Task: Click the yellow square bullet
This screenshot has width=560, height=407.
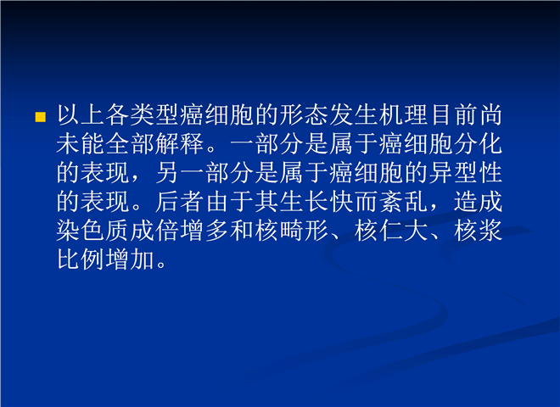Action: click(41, 117)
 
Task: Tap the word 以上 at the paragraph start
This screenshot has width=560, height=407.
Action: click(81, 115)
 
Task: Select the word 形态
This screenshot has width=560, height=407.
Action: click(305, 115)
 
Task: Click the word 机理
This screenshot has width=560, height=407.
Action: click(404, 115)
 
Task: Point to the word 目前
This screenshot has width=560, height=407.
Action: click(454, 115)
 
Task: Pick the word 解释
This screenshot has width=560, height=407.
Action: click(181, 144)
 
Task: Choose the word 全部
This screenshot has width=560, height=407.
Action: click(131, 144)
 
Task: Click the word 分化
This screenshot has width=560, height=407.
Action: click(479, 144)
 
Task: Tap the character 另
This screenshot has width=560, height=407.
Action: click(168, 173)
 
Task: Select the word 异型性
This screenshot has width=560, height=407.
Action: click(466, 173)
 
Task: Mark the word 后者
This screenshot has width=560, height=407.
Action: click(181, 201)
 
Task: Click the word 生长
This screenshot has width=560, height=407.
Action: click(305, 201)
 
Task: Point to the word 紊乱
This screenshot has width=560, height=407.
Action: click(404, 201)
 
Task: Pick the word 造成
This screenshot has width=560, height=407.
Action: click(479, 201)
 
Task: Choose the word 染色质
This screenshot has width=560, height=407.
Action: click(93, 231)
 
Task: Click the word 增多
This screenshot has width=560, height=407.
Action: click(205, 231)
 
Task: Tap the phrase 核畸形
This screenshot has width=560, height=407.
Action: click(292, 231)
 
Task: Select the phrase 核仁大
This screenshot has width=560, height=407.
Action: click(391, 231)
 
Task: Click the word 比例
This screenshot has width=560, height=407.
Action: click(81, 259)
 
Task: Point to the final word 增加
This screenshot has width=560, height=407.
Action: click(131, 259)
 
